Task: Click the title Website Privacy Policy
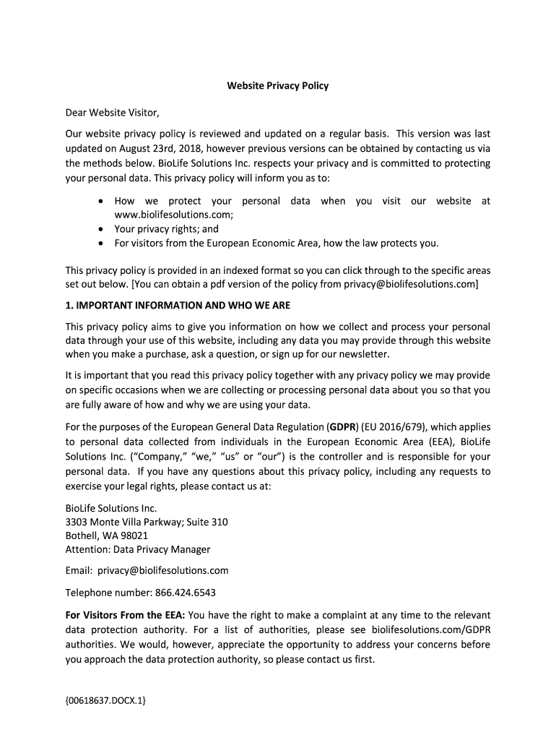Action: coord(278,85)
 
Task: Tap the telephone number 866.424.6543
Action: coord(186,593)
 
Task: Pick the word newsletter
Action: coord(363,354)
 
